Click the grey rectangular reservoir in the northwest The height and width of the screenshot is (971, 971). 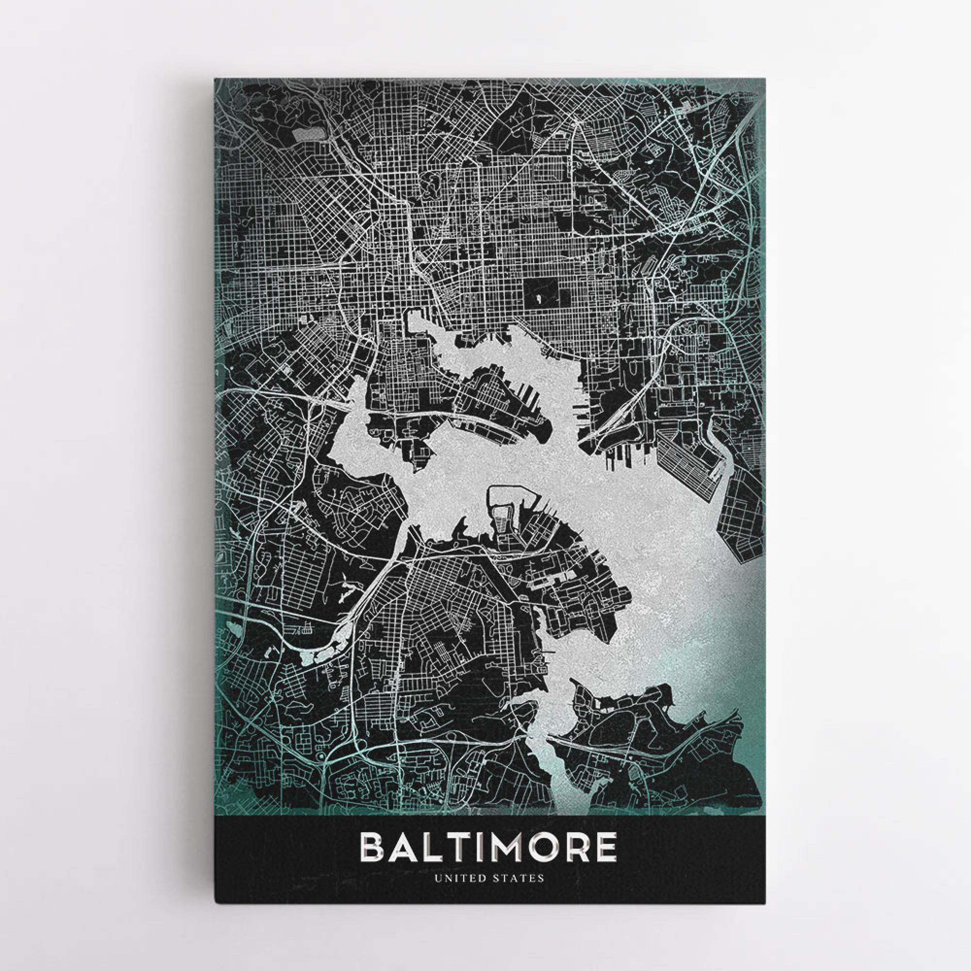coord(308,134)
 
